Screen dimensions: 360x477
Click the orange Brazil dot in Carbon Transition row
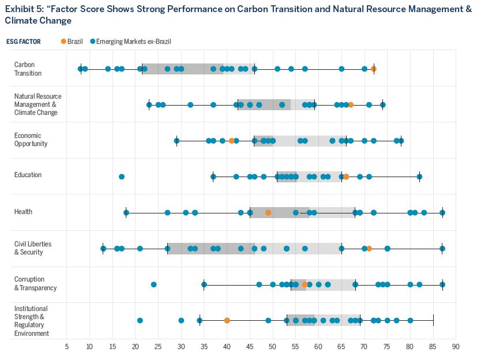click(374, 69)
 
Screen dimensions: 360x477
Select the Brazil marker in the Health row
click(268, 212)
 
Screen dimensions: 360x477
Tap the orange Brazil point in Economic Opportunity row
click(232, 140)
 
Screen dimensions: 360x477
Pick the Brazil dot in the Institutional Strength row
click(227, 320)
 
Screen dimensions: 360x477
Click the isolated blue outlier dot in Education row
click(122, 177)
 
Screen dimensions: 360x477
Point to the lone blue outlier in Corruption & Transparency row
click(153, 284)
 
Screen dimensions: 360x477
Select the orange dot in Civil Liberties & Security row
click(369, 248)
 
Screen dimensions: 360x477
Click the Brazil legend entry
click(72, 42)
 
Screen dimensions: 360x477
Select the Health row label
click(23, 212)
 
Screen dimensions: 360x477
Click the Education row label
click(28, 175)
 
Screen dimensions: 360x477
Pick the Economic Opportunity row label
click(31, 140)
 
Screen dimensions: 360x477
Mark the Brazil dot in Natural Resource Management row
click(351, 104)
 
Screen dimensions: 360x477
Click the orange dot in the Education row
click(346, 177)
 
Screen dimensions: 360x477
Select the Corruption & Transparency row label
click(35, 283)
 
